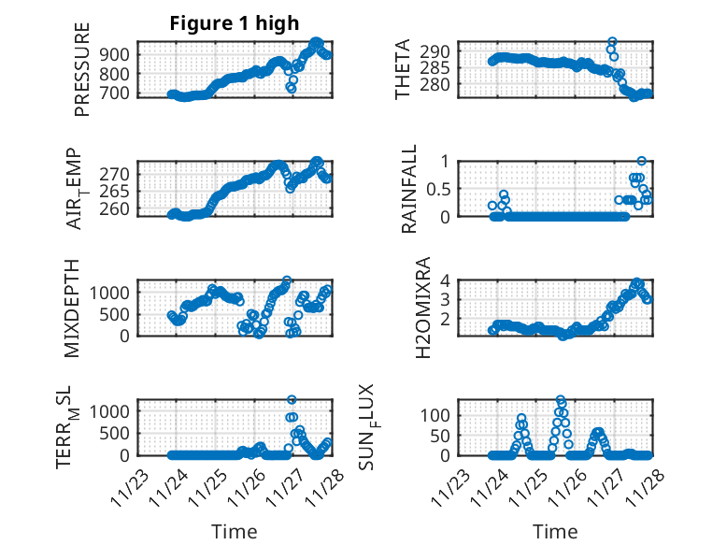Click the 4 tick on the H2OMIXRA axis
(446, 280)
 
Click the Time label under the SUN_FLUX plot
(555, 532)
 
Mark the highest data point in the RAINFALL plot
(641, 161)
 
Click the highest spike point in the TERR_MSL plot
(292, 399)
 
